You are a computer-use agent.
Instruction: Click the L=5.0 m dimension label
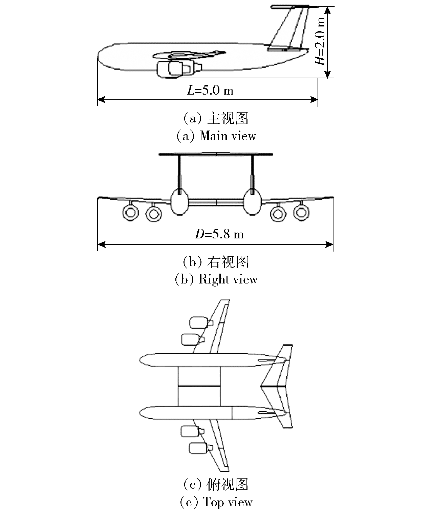click(x=210, y=90)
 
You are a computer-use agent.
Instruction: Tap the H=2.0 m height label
click(x=320, y=41)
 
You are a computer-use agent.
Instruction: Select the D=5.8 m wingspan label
click(x=219, y=234)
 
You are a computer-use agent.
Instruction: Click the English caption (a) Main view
click(x=216, y=136)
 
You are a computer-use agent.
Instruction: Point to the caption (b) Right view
click(x=216, y=279)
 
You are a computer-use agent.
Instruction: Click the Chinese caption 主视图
click(x=228, y=118)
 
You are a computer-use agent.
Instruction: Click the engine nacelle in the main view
click(x=179, y=69)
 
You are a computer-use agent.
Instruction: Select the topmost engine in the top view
click(x=201, y=322)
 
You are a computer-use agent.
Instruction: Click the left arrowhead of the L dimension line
click(x=101, y=100)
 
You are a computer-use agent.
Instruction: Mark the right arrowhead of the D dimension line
click(x=329, y=244)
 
